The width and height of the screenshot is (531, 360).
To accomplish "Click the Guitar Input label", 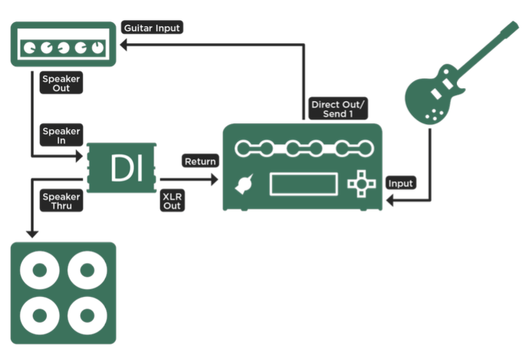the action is [152, 28].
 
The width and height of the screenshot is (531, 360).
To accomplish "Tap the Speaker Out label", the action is [61, 83].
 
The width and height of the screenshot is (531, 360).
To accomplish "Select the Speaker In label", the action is [61, 135].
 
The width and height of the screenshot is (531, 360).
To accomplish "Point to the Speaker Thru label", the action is [61, 201].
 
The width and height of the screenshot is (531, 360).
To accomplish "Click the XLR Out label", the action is [172, 201].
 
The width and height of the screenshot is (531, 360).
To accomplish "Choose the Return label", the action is [200, 161].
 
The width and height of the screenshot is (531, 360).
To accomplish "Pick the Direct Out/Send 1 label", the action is [338, 109].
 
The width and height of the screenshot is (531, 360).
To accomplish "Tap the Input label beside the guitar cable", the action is [401, 183].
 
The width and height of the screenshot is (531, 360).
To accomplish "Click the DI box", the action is [122, 168].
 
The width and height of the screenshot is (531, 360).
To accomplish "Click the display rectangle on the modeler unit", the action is [304, 184].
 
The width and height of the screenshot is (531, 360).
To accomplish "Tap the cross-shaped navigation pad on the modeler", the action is [362, 184].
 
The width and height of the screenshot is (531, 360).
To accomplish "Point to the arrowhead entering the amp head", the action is [123, 44].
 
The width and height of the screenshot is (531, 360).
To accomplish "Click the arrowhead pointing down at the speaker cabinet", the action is [32, 234].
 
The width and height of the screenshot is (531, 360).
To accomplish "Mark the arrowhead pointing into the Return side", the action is [215, 179].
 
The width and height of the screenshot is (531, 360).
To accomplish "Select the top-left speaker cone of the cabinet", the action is [40, 270].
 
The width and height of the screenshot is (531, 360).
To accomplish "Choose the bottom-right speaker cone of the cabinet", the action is [87, 315].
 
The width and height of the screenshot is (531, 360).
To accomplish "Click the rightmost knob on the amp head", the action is [98, 48].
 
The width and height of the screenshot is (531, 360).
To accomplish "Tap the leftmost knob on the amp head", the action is [30, 48].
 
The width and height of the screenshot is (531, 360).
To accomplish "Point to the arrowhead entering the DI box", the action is [80, 156].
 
